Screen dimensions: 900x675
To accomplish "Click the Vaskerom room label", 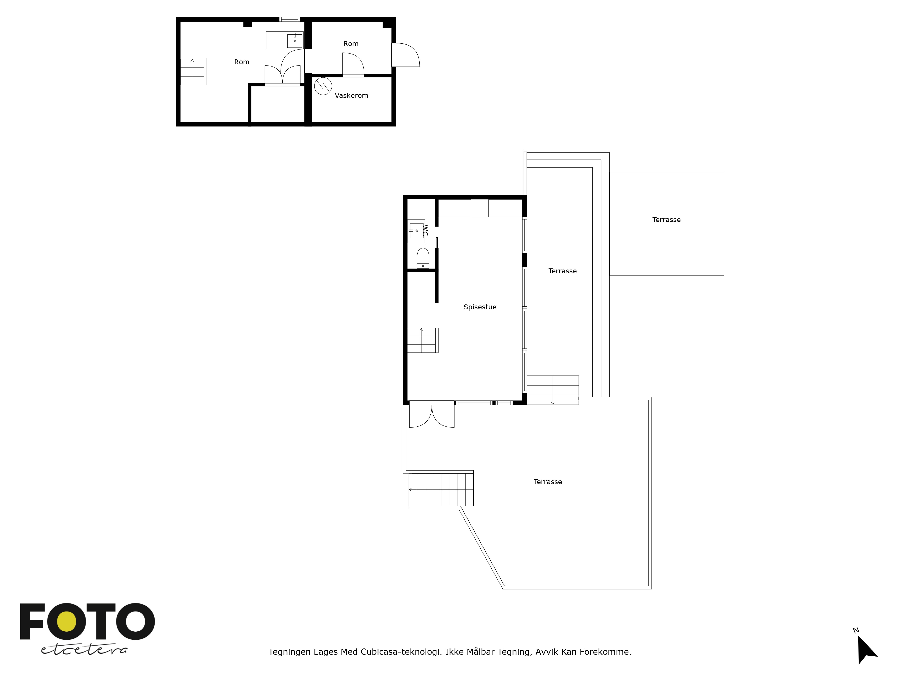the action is coord(351,96).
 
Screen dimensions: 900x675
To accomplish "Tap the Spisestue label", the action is coord(480,307).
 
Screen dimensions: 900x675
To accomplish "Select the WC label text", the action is coord(425,230).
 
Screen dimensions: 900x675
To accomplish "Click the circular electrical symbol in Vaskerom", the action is coord(323,86).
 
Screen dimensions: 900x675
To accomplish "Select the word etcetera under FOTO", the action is coord(84,650).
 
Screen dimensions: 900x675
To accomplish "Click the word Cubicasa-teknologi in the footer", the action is coord(401,652).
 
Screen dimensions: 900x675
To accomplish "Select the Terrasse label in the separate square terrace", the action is coord(666,220).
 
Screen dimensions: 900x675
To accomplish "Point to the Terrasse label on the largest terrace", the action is coord(548,482).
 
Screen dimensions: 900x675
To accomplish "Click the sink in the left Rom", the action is coord(295,41).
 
